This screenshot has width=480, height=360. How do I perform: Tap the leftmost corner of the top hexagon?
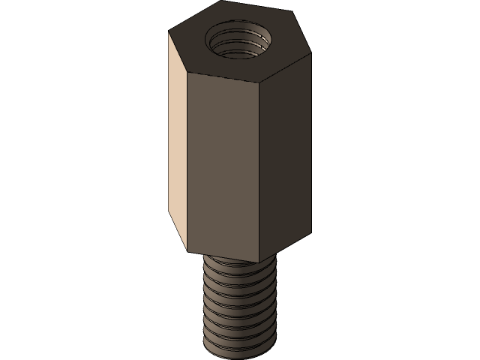168,31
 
